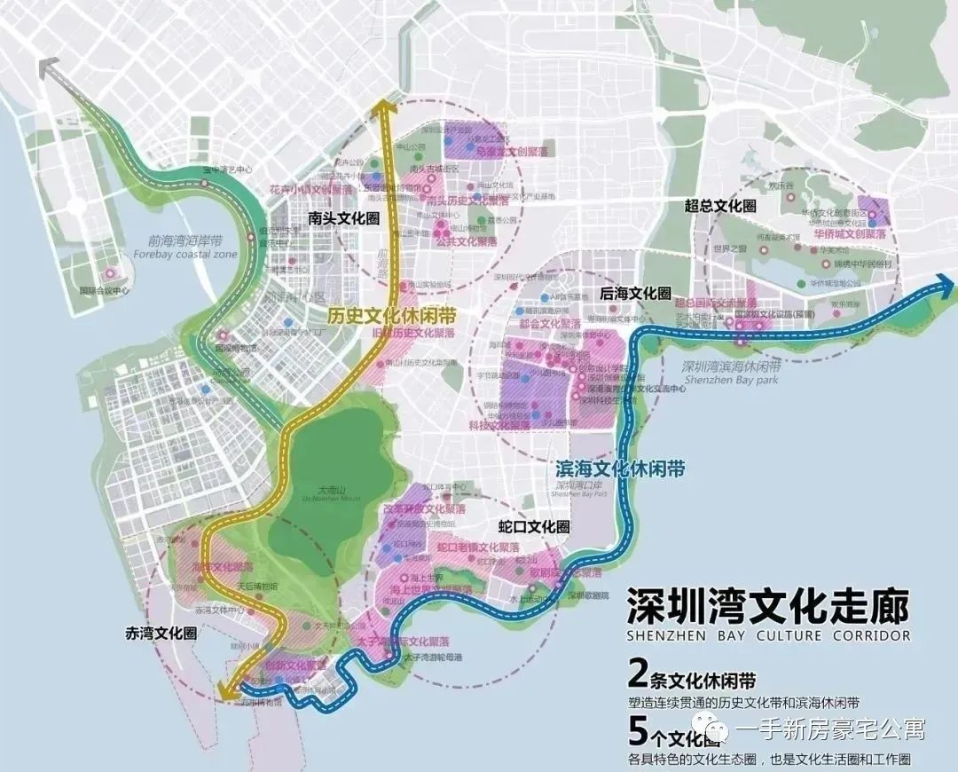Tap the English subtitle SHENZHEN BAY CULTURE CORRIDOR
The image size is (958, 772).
(768, 635)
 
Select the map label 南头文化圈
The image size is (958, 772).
(342, 217)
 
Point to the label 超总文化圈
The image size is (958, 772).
(719, 205)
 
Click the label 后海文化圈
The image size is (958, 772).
(635, 294)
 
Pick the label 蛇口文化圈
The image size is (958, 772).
(534, 527)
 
